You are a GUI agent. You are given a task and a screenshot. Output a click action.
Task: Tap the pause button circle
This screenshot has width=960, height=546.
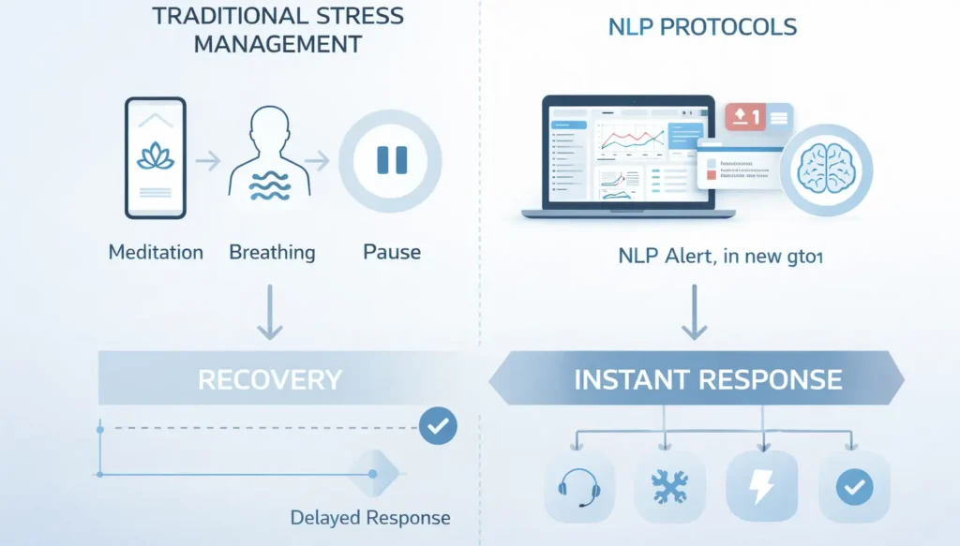389,160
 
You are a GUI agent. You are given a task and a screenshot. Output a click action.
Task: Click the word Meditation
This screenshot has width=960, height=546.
156,252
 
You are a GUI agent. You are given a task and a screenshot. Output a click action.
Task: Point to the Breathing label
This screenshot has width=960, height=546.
272,252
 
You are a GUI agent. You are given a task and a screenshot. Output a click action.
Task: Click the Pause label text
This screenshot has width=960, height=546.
391,252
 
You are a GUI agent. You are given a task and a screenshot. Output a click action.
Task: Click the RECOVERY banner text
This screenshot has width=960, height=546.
270,380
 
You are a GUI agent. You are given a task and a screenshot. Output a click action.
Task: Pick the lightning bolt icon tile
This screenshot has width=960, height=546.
761,486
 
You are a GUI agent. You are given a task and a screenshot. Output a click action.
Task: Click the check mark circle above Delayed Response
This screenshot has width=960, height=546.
437,426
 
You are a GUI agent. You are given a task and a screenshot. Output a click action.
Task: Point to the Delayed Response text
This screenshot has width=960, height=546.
370,518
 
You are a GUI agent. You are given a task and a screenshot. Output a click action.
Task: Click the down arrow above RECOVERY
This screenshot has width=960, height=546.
269,313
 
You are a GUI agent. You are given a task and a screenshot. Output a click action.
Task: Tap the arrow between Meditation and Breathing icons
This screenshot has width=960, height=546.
207,160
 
